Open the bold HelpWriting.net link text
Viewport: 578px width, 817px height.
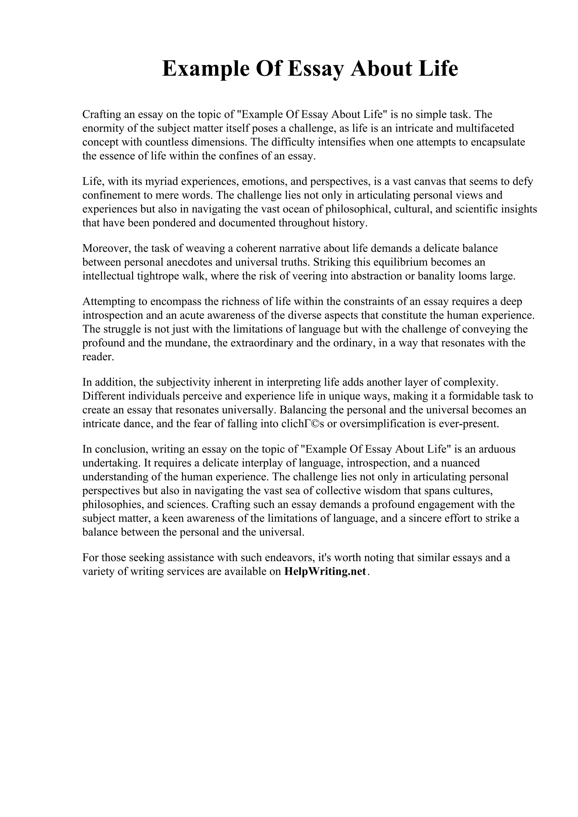(325, 572)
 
